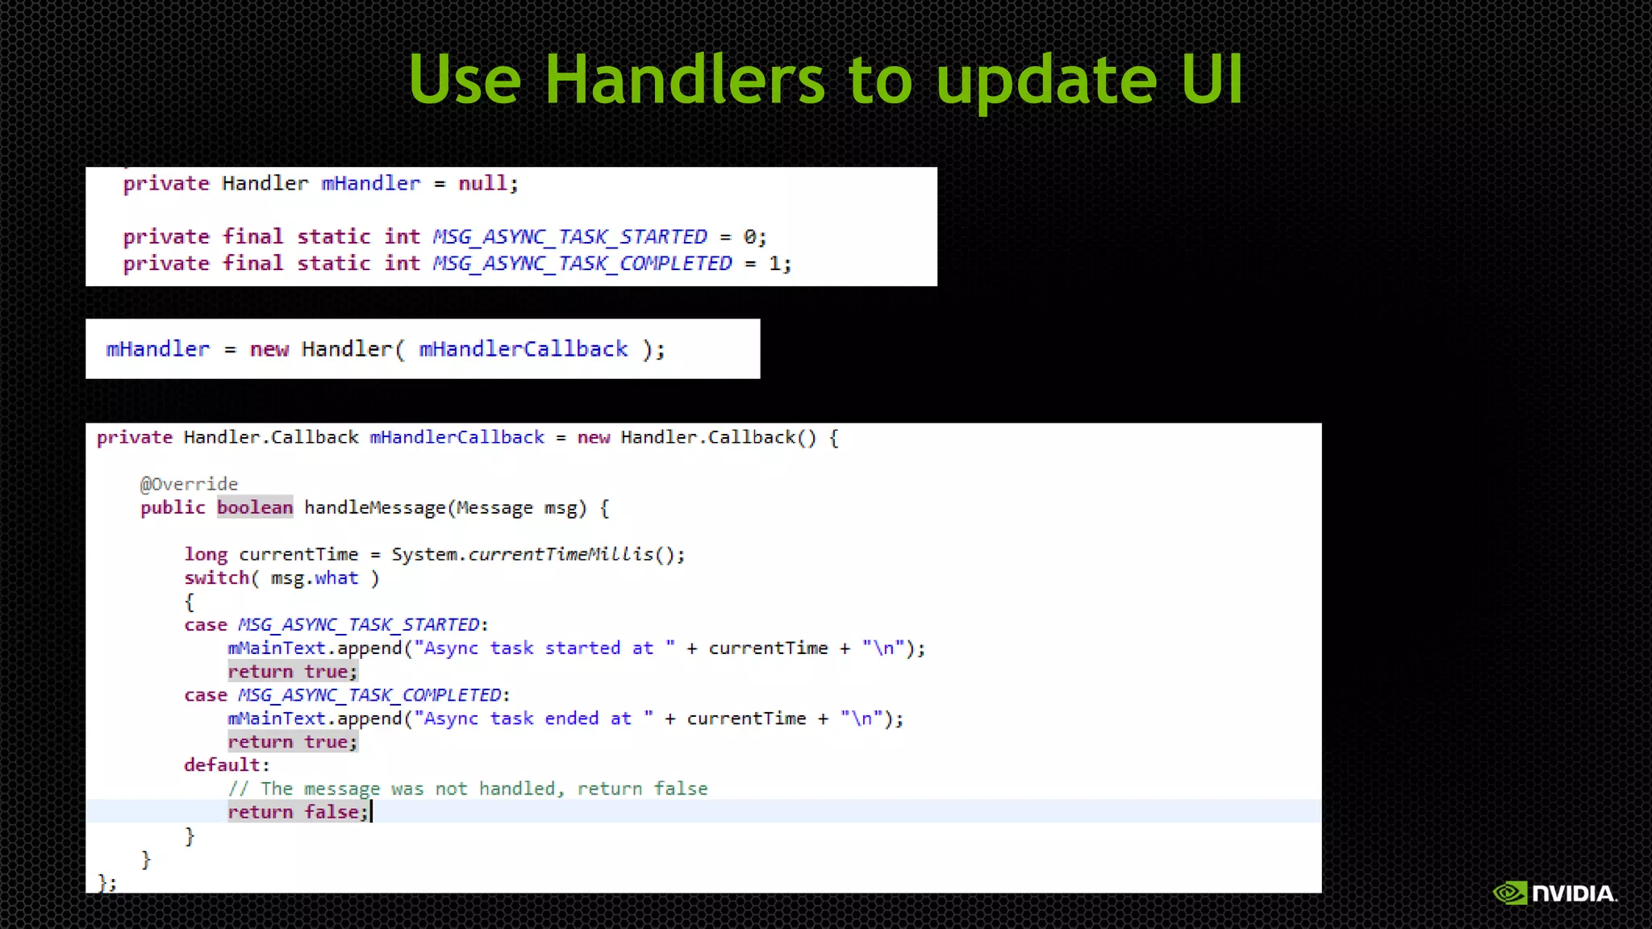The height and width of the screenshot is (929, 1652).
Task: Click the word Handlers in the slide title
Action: click(x=685, y=80)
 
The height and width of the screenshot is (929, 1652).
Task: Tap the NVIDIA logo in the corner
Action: click(x=1554, y=893)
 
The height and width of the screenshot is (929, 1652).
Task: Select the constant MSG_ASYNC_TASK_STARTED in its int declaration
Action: click(x=569, y=237)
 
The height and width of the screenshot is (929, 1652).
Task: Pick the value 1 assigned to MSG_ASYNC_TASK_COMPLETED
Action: click(x=774, y=264)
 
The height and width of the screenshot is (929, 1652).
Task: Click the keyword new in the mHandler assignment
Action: click(x=269, y=349)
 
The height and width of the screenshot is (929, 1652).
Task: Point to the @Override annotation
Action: click(x=189, y=484)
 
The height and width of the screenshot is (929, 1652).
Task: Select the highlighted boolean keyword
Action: click(x=255, y=507)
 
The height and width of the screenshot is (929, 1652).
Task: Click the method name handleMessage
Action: click(x=374, y=508)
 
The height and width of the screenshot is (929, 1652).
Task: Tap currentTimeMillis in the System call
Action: click(x=561, y=555)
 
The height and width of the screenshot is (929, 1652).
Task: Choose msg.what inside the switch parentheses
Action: click(x=314, y=578)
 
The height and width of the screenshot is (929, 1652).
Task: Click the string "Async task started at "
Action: click(x=544, y=648)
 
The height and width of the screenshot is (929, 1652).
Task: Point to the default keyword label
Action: click(x=222, y=764)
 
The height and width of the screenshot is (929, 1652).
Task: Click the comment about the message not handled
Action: click(x=467, y=789)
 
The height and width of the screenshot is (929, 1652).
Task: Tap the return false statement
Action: click(x=298, y=812)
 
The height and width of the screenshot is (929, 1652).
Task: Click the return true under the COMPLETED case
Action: click(x=292, y=742)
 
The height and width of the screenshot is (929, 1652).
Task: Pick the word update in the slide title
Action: click(x=1046, y=80)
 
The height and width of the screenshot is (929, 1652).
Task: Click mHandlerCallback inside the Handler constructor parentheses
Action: click(x=523, y=349)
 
